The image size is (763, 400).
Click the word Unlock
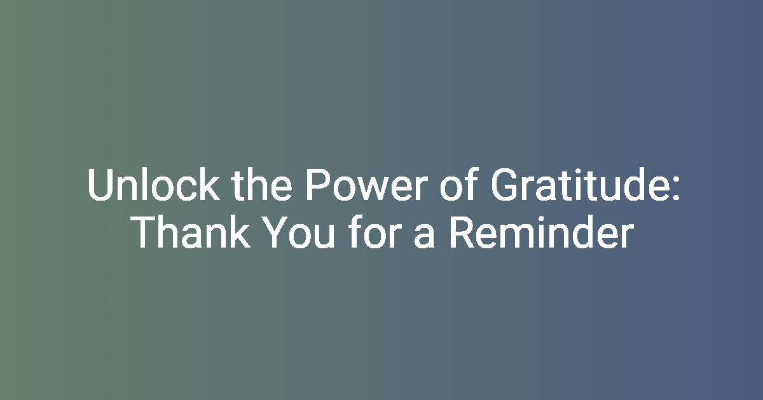click(154, 185)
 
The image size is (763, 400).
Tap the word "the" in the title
click(261, 185)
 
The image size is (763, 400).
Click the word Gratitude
click(580, 185)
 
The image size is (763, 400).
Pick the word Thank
click(191, 233)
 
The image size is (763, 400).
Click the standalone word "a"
click(424, 237)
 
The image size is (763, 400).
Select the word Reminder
click(542, 233)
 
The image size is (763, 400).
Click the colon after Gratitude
click(677, 189)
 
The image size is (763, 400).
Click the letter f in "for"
click(356, 232)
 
